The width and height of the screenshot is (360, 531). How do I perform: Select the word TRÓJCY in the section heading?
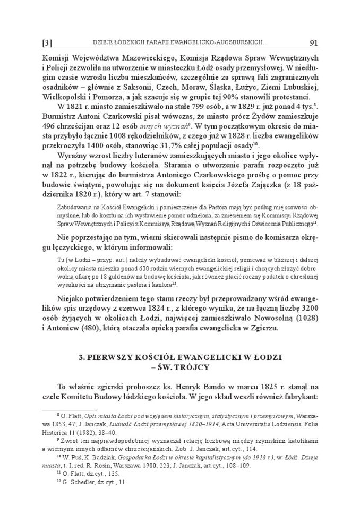click(194, 367)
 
